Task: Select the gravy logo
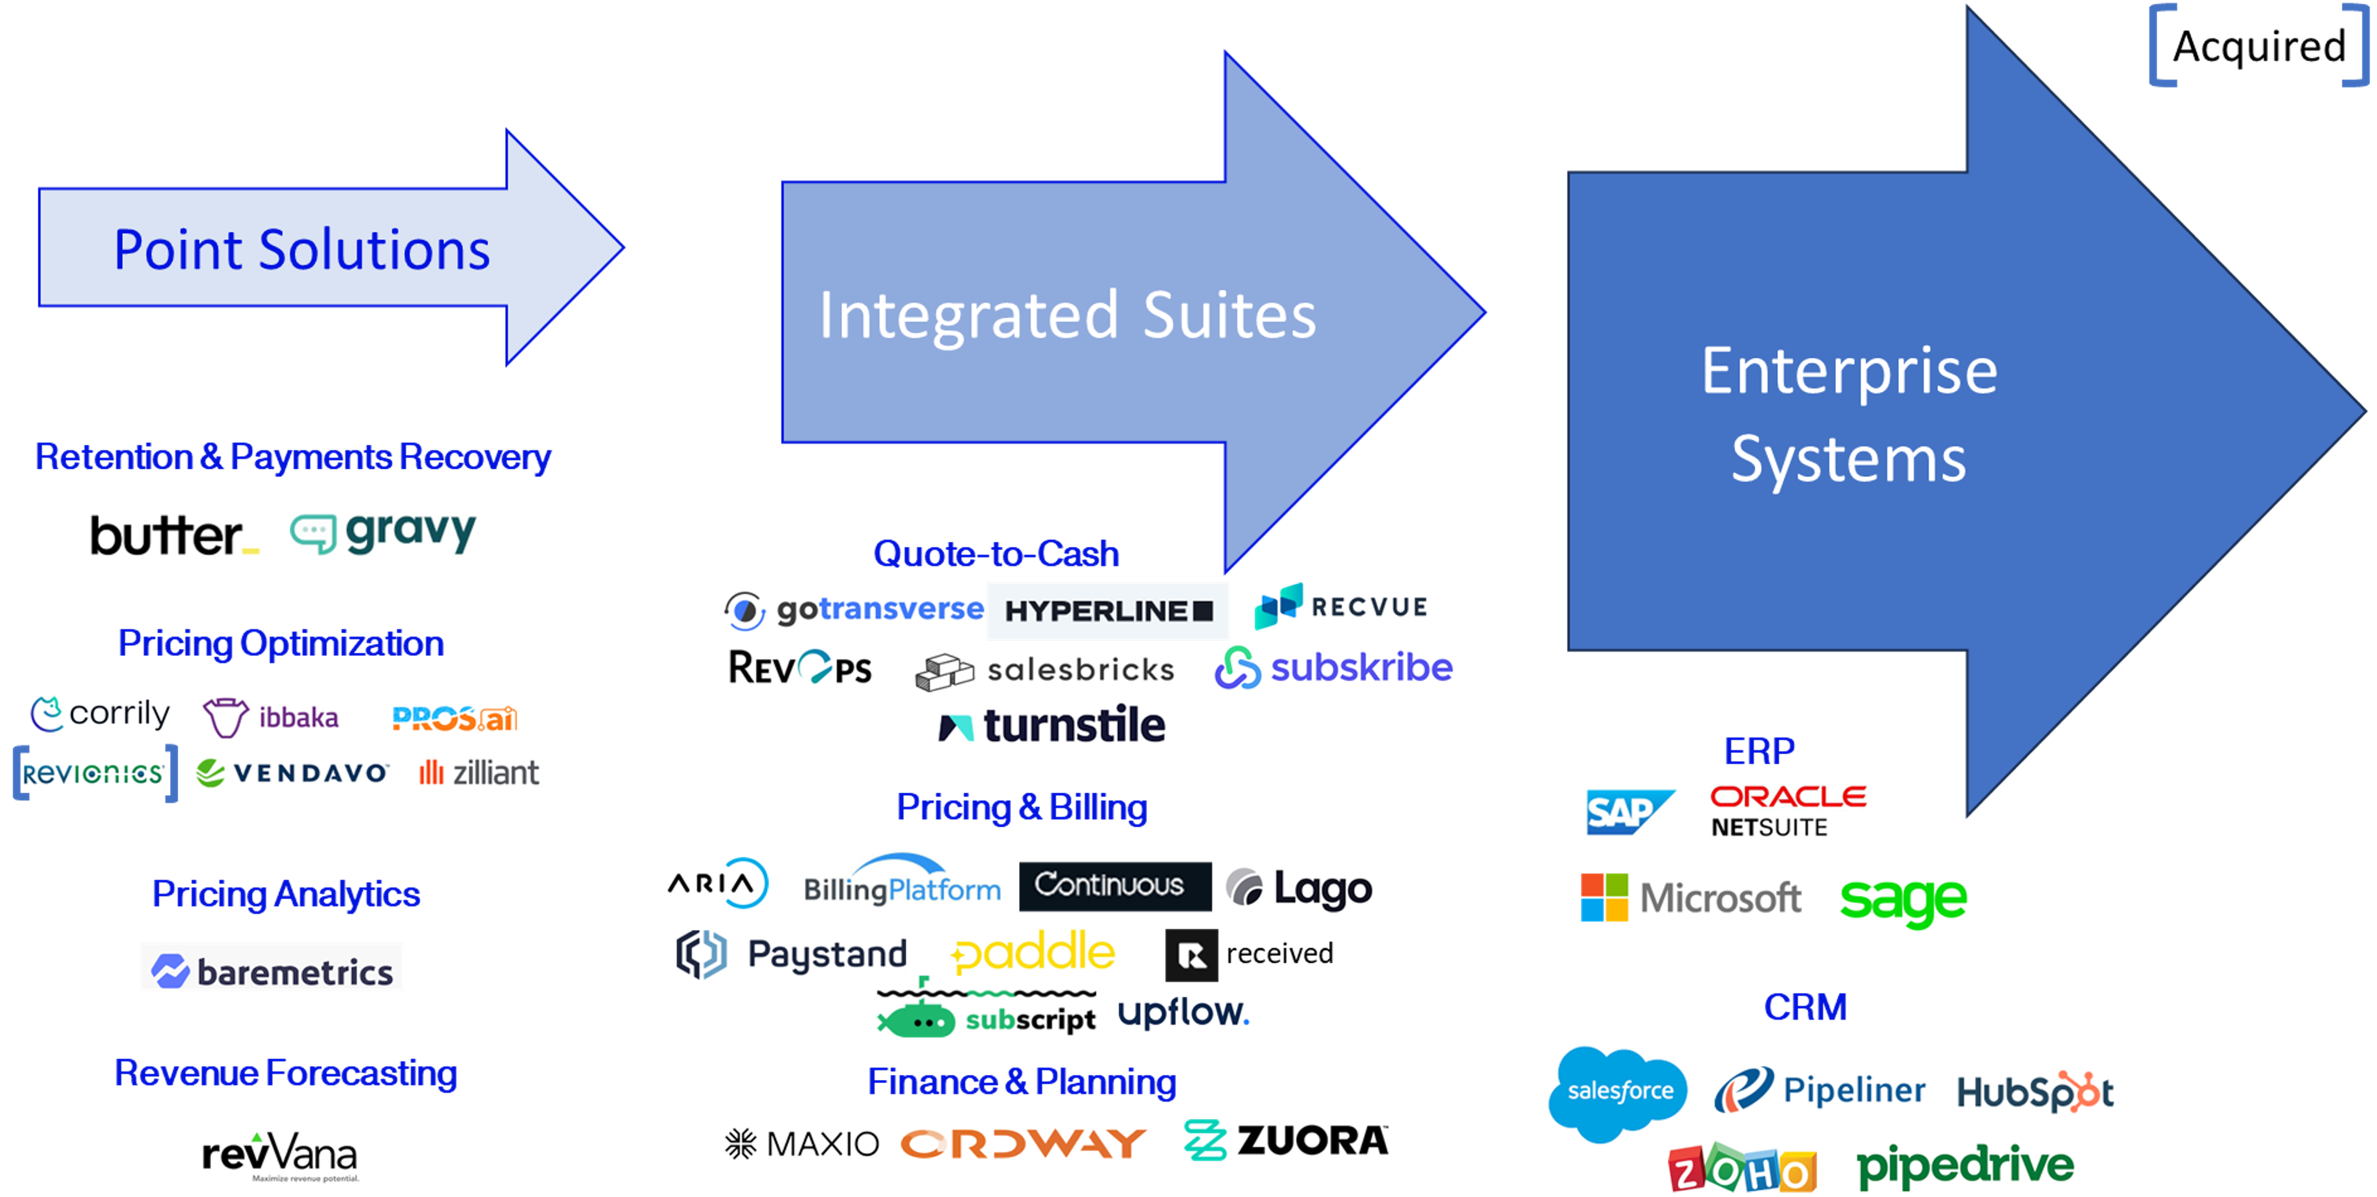pos(383,533)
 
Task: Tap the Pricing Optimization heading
pos(280,643)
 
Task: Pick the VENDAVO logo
pos(292,772)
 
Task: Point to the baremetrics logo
pos(271,967)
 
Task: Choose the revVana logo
pos(280,1156)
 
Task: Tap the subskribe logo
pos(1333,668)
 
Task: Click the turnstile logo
pos(1053,726)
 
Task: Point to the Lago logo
pos(1300,887)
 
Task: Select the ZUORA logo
pos(1286,1141)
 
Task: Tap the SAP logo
pos(1629,812)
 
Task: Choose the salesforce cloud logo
pos(1619,1093)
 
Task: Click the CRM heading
pos(1805,1007)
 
